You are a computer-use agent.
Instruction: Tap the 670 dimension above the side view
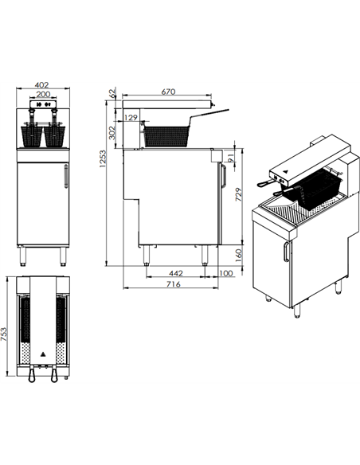tap(168, 92)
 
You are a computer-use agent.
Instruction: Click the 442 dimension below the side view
tap(177, 273)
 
